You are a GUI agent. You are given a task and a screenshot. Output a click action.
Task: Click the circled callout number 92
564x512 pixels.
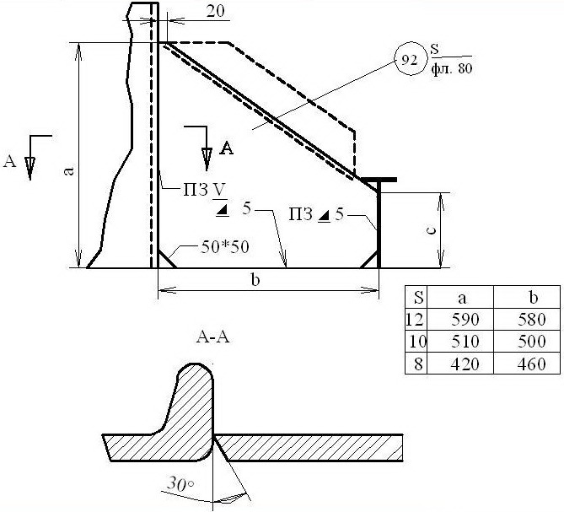coord(410,61)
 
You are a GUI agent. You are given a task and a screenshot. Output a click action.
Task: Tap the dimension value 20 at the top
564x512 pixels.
coord(215,12)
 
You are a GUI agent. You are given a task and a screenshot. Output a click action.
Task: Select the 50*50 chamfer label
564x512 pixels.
coord(225,247)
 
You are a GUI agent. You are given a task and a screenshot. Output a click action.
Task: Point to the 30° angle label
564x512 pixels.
coord(180,484)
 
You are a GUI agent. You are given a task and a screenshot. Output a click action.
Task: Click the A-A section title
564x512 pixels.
coord(213,338)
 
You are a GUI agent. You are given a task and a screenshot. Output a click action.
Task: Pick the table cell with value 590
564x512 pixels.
coord(465,320)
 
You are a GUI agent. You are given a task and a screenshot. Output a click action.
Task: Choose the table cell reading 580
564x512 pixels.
coord(532,320)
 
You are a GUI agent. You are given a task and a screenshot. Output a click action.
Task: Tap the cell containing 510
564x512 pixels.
coord(465,341)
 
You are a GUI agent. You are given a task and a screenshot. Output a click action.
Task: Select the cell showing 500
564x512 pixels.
coord(532,341)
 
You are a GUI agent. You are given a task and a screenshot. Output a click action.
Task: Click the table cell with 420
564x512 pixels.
coord(465,364)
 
